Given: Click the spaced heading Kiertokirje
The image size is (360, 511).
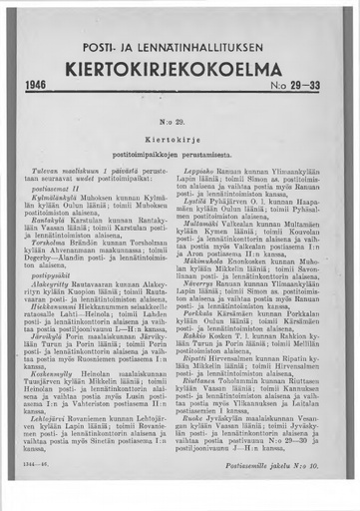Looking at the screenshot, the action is pos(180,138).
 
